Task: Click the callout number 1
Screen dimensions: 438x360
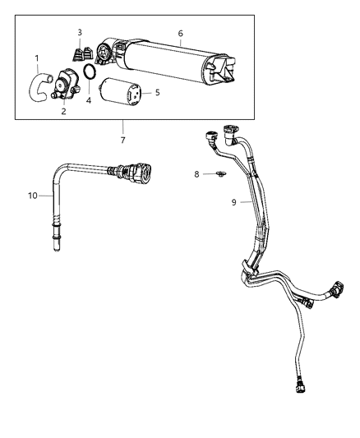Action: click(36, 58)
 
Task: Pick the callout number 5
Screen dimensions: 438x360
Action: click(157, 92)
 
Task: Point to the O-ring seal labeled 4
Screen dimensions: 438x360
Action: click(96, 85)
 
